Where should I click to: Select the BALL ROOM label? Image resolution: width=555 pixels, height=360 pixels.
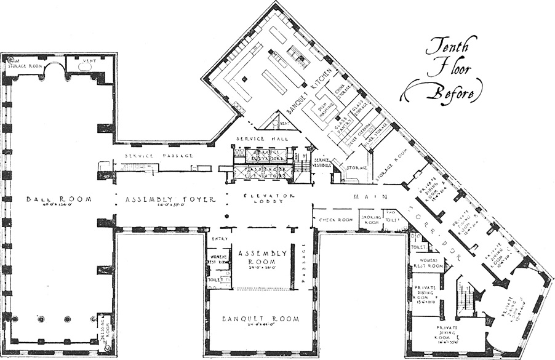click(x=59, y=199)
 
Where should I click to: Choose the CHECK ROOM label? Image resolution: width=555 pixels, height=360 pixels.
click(x=335, y=218)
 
